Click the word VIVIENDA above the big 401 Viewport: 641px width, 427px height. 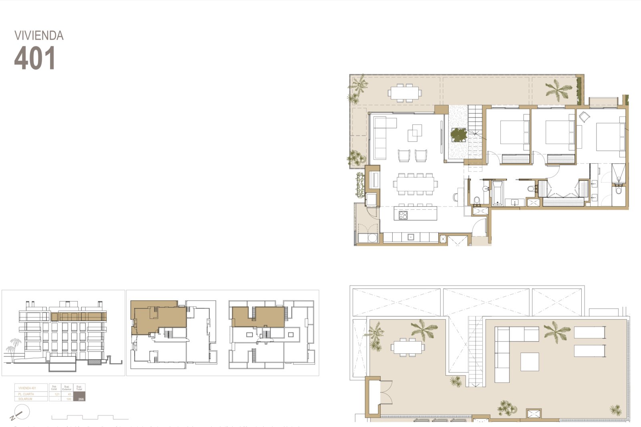click(39, 36)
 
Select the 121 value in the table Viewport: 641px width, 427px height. click(57, 394)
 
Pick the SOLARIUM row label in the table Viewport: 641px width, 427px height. click(25, 399)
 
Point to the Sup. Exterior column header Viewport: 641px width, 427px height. click(67, 388)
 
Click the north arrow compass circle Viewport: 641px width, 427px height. click(22, 412)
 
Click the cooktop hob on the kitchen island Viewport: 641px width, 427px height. click(403, 215)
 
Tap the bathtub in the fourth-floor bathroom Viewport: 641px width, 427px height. click(497, 192)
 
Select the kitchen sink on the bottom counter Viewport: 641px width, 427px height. click(410, 237)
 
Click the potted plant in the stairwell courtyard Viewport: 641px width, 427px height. click(459, 134)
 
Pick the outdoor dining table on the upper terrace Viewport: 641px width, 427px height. click(405, 93)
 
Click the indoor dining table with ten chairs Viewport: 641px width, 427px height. click(415, 184)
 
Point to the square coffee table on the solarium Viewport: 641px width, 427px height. click(530, 361)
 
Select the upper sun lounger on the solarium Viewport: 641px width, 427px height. click(589, 332)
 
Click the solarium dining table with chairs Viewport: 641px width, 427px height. click(407, 347)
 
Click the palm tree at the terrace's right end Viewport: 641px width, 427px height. click(558, 89)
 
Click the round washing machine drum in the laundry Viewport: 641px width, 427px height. click(372, 238)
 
